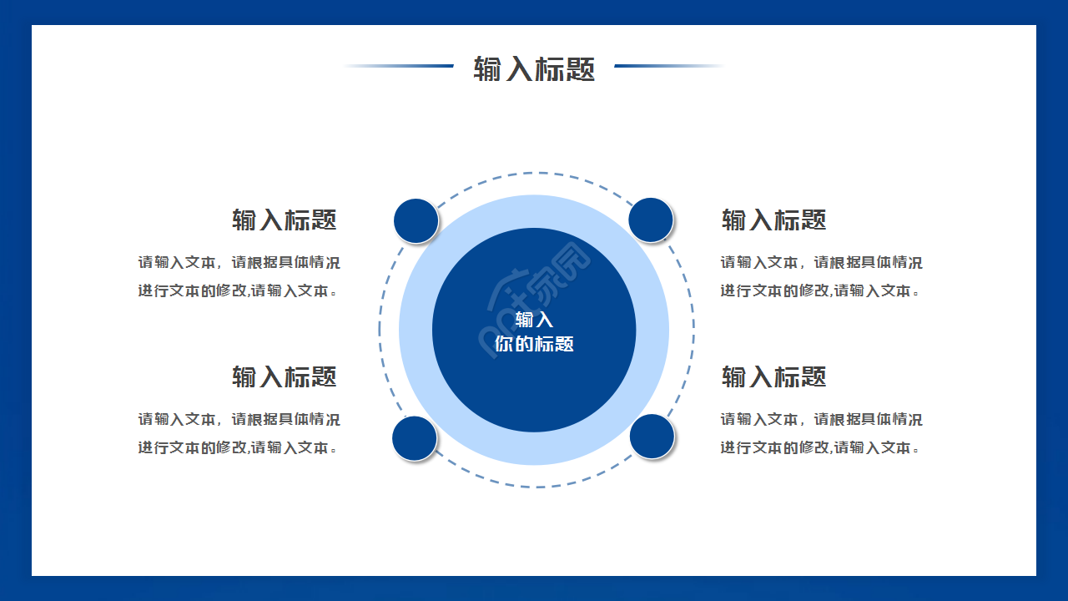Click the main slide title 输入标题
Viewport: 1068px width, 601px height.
(534, 68)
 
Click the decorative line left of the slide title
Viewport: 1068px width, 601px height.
(399, 66)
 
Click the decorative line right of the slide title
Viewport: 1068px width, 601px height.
(669, 66)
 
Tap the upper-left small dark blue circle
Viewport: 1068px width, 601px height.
(416, 220)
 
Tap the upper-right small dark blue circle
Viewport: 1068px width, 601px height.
(651, 220)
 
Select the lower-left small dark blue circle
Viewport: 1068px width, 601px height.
(415, 438)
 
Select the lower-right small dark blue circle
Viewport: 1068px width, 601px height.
(652, 436)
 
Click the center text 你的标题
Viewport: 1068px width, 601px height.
(534, 344)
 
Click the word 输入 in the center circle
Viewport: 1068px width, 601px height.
(534, 320)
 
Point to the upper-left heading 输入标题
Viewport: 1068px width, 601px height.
(285, 220)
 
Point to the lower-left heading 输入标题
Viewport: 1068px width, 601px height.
(285, 376)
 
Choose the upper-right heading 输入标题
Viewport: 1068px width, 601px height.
(773, 220)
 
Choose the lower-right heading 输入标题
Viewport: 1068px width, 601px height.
(773, 376)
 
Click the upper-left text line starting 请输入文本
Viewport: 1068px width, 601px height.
(239, 262)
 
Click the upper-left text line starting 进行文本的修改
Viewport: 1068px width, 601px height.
(239, 290)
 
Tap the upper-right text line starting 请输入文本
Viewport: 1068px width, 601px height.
(821, 262)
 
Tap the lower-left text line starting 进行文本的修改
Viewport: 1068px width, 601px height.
(239, 447)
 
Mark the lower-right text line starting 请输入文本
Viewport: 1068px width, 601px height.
(821, 419)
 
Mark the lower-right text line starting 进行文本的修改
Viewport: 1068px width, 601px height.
(821, 447)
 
